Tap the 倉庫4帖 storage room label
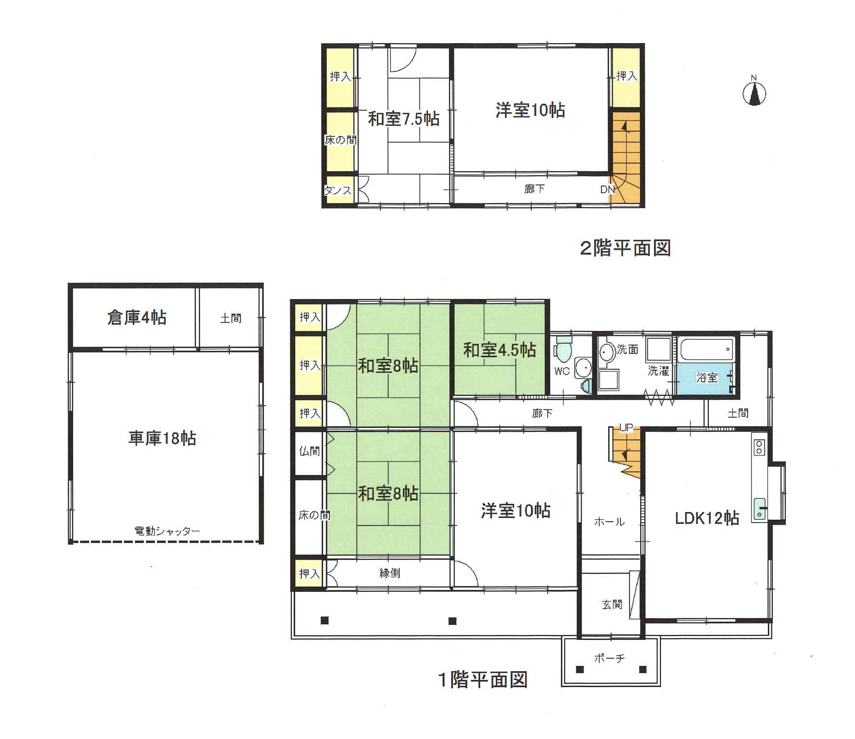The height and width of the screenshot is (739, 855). pyautogui.click(x=137, y=317)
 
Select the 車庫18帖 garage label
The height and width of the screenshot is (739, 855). pyautogui.click(x=162, y=438)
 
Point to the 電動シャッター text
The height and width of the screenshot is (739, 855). pyautogui.click(x=167, y=531)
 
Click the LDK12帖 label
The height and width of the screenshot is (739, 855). pyautogui.click(x=707, y=518)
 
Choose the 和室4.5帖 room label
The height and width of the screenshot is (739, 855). pyautogui.click(x=499, y=349)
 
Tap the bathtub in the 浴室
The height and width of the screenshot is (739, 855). pyautogui.click(x=706, y=348)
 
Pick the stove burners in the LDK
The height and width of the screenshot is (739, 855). pyautogui.click(x=759, y=447)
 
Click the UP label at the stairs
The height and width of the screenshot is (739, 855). pyautogui.click(x=626, y=428)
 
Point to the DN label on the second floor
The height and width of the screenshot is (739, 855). pyautogui.click(x=607, y=189)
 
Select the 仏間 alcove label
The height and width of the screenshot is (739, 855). pyautogui.click(x=309, y=451)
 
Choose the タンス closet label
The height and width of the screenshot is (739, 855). pyautogui.click(x=338, y=190)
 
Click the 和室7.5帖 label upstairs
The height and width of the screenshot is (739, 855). pyautogui.click(x=404, y=119)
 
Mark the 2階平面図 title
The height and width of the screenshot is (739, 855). pyautogui.click(x=625, y=248)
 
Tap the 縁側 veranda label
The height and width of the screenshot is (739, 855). pyautogui.click(x=390, y=573)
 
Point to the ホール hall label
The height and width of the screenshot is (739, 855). pyautogui.click(x=609, y=522)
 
